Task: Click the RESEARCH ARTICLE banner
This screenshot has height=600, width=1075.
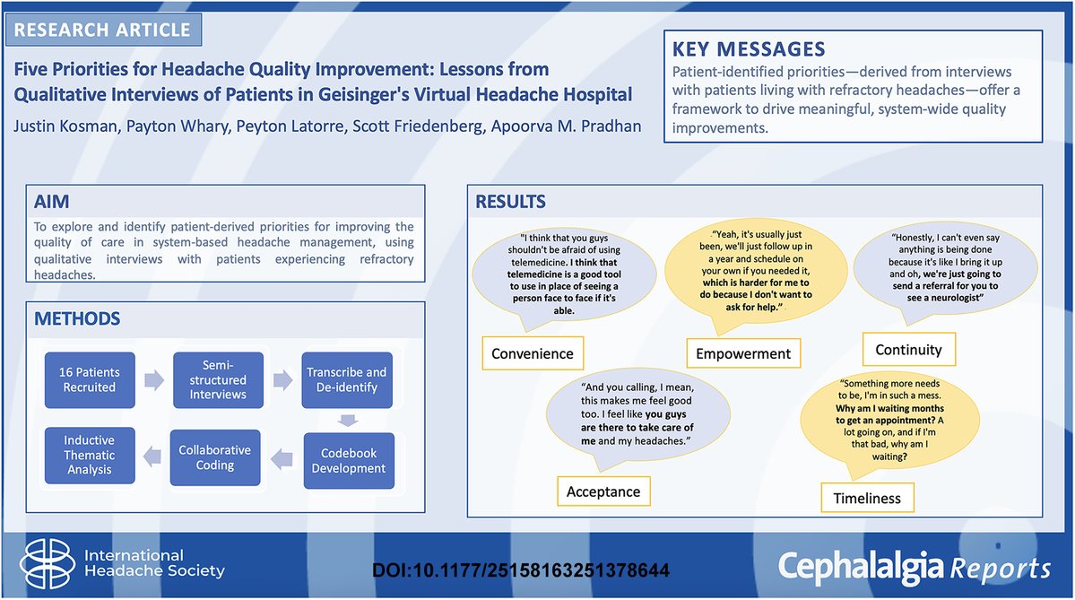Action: pyautogui.click(x=102, y=29)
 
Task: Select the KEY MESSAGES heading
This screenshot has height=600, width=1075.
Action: pyautogui.click(x=749, y=48)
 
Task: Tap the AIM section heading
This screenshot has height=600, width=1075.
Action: pyautogui.click(x=51, y=203)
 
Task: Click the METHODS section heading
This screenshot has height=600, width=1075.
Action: pyautogui.click(x=77, y=318)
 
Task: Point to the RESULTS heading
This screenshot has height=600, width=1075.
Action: pyautogui.click(x=510, y=201)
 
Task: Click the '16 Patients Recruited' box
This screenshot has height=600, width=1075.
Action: pyautogui.click(x=90, y=379)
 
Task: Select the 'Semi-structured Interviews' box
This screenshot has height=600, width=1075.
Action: pyautogui.click(x=218, y=379)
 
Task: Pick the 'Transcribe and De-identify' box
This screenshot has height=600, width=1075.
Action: pyautogui.click(x=346, y=379)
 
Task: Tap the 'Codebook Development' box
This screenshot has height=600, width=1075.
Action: pyautogui.click(x=350, y=460)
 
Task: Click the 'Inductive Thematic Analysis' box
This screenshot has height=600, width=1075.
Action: pyautogui.click(x=90, y=454)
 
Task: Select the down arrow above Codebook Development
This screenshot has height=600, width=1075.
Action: pyautogui.click(x=350, y=420)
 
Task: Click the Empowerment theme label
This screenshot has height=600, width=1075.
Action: pyautogui.click(x=743, y=353)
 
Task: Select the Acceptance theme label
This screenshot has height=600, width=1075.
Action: pyautogui.click(x=603, y=491)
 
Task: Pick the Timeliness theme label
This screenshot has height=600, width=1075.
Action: pyautogui.click(x=867, y=498)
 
